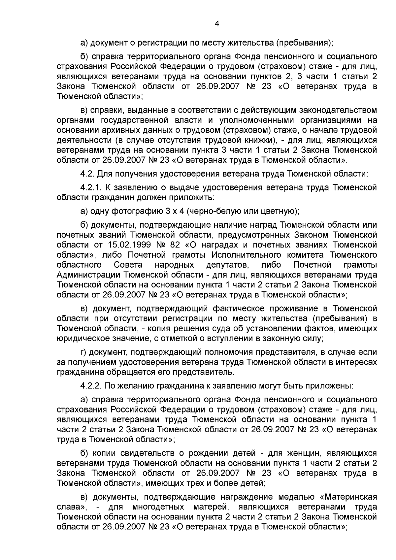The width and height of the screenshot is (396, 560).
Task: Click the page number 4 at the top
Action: coord(217,23)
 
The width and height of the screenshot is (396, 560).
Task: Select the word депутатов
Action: coord(227,265)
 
